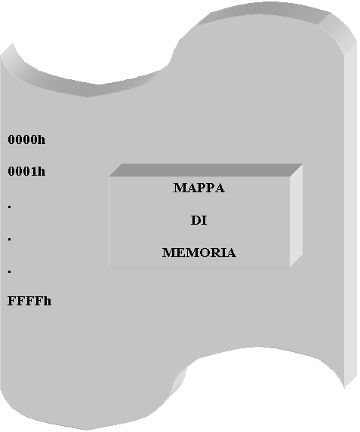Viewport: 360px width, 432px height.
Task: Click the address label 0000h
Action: pyautogui.click(x=26, y=139)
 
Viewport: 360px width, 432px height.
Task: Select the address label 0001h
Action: pyautogui.click(x=26, y=171)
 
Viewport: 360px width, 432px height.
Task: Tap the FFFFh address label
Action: pyautogui.click(x=29, y=301)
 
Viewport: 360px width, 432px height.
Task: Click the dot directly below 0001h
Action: pyautogui.click(x=10, y=207)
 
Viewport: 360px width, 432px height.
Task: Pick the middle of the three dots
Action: pyautogui.click(x=10, y=240)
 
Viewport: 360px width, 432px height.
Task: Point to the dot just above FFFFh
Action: pyautogui.click(x=10, y=272)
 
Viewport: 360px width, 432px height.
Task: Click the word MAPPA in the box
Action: pyautogui.click(x=199, y=188)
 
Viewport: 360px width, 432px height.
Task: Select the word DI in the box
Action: pyautogui.click(x=199, y=220)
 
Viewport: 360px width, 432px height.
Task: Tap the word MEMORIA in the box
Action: pyautogui.click(x=199, y=253)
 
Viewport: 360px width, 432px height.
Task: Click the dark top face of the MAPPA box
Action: pyautogui.click(x=206, y=170)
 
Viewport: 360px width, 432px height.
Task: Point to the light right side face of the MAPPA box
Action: pyautogui.click(x=297, y=216)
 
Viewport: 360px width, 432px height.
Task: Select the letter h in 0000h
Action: pyautogui.click(x=42, y=139)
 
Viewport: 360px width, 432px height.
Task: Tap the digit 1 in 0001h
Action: pyautogui.click(x=34, y=171)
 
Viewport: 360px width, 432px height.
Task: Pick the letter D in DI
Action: pyautogui.click(x=195, y=220)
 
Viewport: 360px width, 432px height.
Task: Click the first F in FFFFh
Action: pyautogui.click(x=12, y=301)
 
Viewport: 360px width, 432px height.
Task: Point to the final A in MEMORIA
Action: pyautogui.click(x=232, y=253)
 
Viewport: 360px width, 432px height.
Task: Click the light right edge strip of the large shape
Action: pyautogui.click(x=351, y=215)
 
